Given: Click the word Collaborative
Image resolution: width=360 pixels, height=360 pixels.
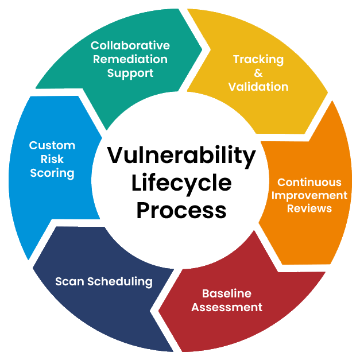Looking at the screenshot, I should pos(130,45).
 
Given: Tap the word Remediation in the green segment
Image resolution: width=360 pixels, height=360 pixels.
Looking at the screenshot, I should pos(130,59).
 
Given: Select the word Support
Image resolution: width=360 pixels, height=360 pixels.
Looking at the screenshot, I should pos(130,73).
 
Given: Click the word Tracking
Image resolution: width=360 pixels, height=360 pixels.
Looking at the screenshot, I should pos(258,59).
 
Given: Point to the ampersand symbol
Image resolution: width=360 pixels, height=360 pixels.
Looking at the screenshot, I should pos(258,73).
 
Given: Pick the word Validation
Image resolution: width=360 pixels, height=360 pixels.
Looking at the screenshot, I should pos(258,87).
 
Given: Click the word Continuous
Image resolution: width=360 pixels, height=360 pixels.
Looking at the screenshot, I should pos(309,182).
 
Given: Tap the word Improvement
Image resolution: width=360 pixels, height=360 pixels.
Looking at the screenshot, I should pos(309,195).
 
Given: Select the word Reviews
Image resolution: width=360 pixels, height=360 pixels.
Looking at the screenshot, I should pos(309,208).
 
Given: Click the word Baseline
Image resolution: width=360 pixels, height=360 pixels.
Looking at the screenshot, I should pos(227,293).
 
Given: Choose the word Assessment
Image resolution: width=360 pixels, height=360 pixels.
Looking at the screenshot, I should pos(227,307).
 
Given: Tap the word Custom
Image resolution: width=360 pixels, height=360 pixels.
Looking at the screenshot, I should pos(52,145).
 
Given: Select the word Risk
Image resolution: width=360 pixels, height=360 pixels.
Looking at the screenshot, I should pos(52,159).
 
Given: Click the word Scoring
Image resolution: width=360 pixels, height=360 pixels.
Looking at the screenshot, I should pos(52,173).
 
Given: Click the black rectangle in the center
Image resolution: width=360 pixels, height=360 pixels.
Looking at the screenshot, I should pos(181,178).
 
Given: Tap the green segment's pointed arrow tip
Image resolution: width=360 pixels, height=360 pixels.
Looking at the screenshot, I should pos(202,48).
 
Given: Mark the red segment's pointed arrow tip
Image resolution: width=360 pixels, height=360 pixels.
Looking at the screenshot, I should pos(160,312).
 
